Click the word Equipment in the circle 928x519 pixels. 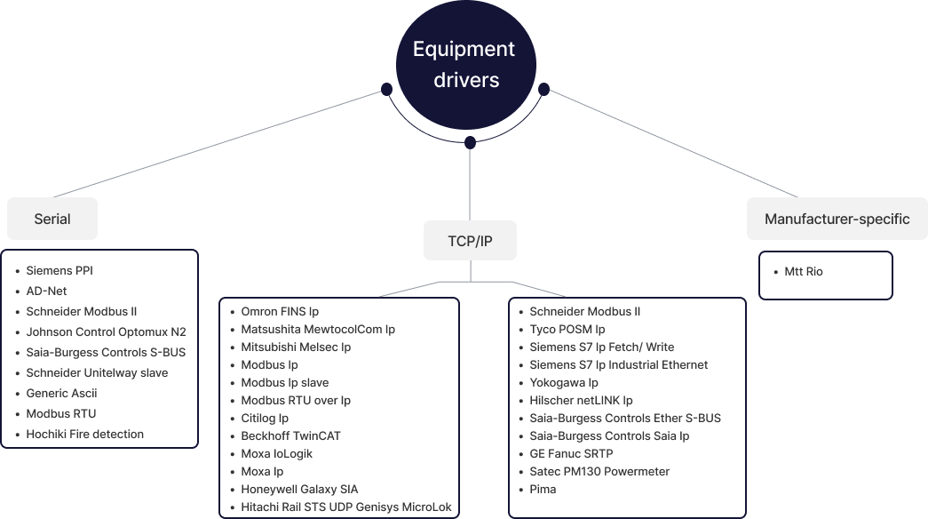pyautogui.click(x=464, y=50)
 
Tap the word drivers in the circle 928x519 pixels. pyautogui.click(x=466, y=80)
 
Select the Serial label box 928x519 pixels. pyautogui.click(x=52, y=219)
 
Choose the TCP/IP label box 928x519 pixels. pyautogui.click(x=470, y=241)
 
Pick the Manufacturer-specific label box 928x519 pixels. pyautogui.click(x=837, y=219)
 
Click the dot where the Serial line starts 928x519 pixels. pyautogui.click(x=386, y=89)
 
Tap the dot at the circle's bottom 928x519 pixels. pyautogui.click(x=470, y=142)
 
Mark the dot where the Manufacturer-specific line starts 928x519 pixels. pyautogui.click(x=544, y=89)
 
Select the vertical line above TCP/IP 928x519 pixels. pyautogui.click(x=470, y=182)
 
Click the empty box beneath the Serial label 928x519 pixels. pyautogui.click(x=99, y=348)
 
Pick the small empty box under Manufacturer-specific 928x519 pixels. pyautogui.click(x=825, y=275)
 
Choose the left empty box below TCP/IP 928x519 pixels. pyautogui.click(x=339, y=407)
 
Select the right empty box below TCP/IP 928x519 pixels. pyautogui.click(x=627, y=407)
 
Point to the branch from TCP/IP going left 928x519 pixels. pyautogui.click(x=410, y=289)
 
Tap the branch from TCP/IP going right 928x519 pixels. pyautogui.click(x=538, y=289)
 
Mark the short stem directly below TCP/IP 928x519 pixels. pyautogui.click(x=470, y=270)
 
